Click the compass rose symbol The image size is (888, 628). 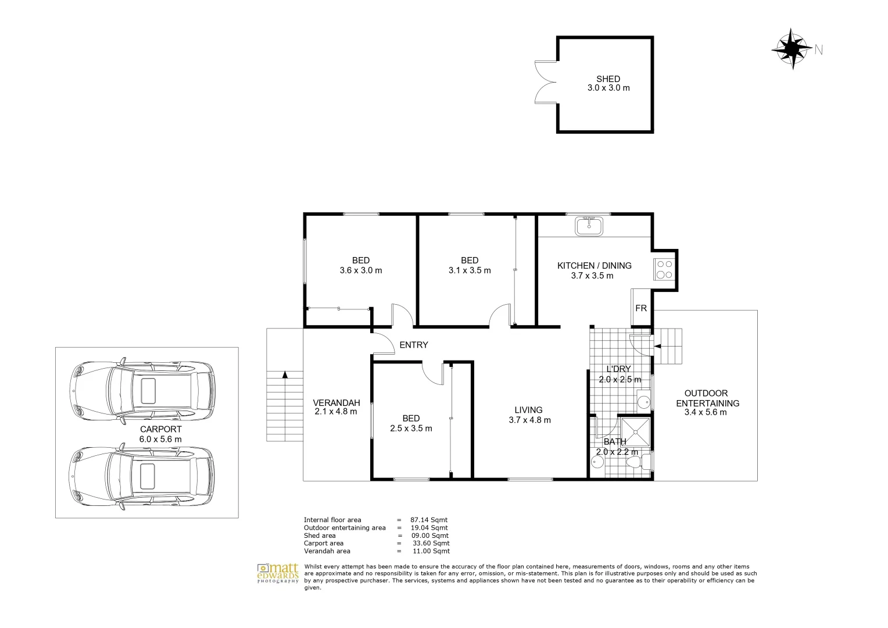point(792,49)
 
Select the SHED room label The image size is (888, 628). point(608,79)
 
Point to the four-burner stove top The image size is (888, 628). point(664,269)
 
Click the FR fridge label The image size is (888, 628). point(640,308)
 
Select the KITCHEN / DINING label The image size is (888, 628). point(594,266)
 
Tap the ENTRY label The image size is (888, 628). point(414,345)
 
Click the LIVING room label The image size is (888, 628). point(528,410)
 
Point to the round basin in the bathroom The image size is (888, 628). point(597,463)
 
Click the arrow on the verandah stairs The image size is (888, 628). point(285,375)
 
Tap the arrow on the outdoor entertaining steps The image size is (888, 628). point(657,347)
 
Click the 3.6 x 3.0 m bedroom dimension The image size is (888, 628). point(360,270)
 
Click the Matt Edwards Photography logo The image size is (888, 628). point(278,572)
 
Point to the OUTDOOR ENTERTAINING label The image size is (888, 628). point(706,398)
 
